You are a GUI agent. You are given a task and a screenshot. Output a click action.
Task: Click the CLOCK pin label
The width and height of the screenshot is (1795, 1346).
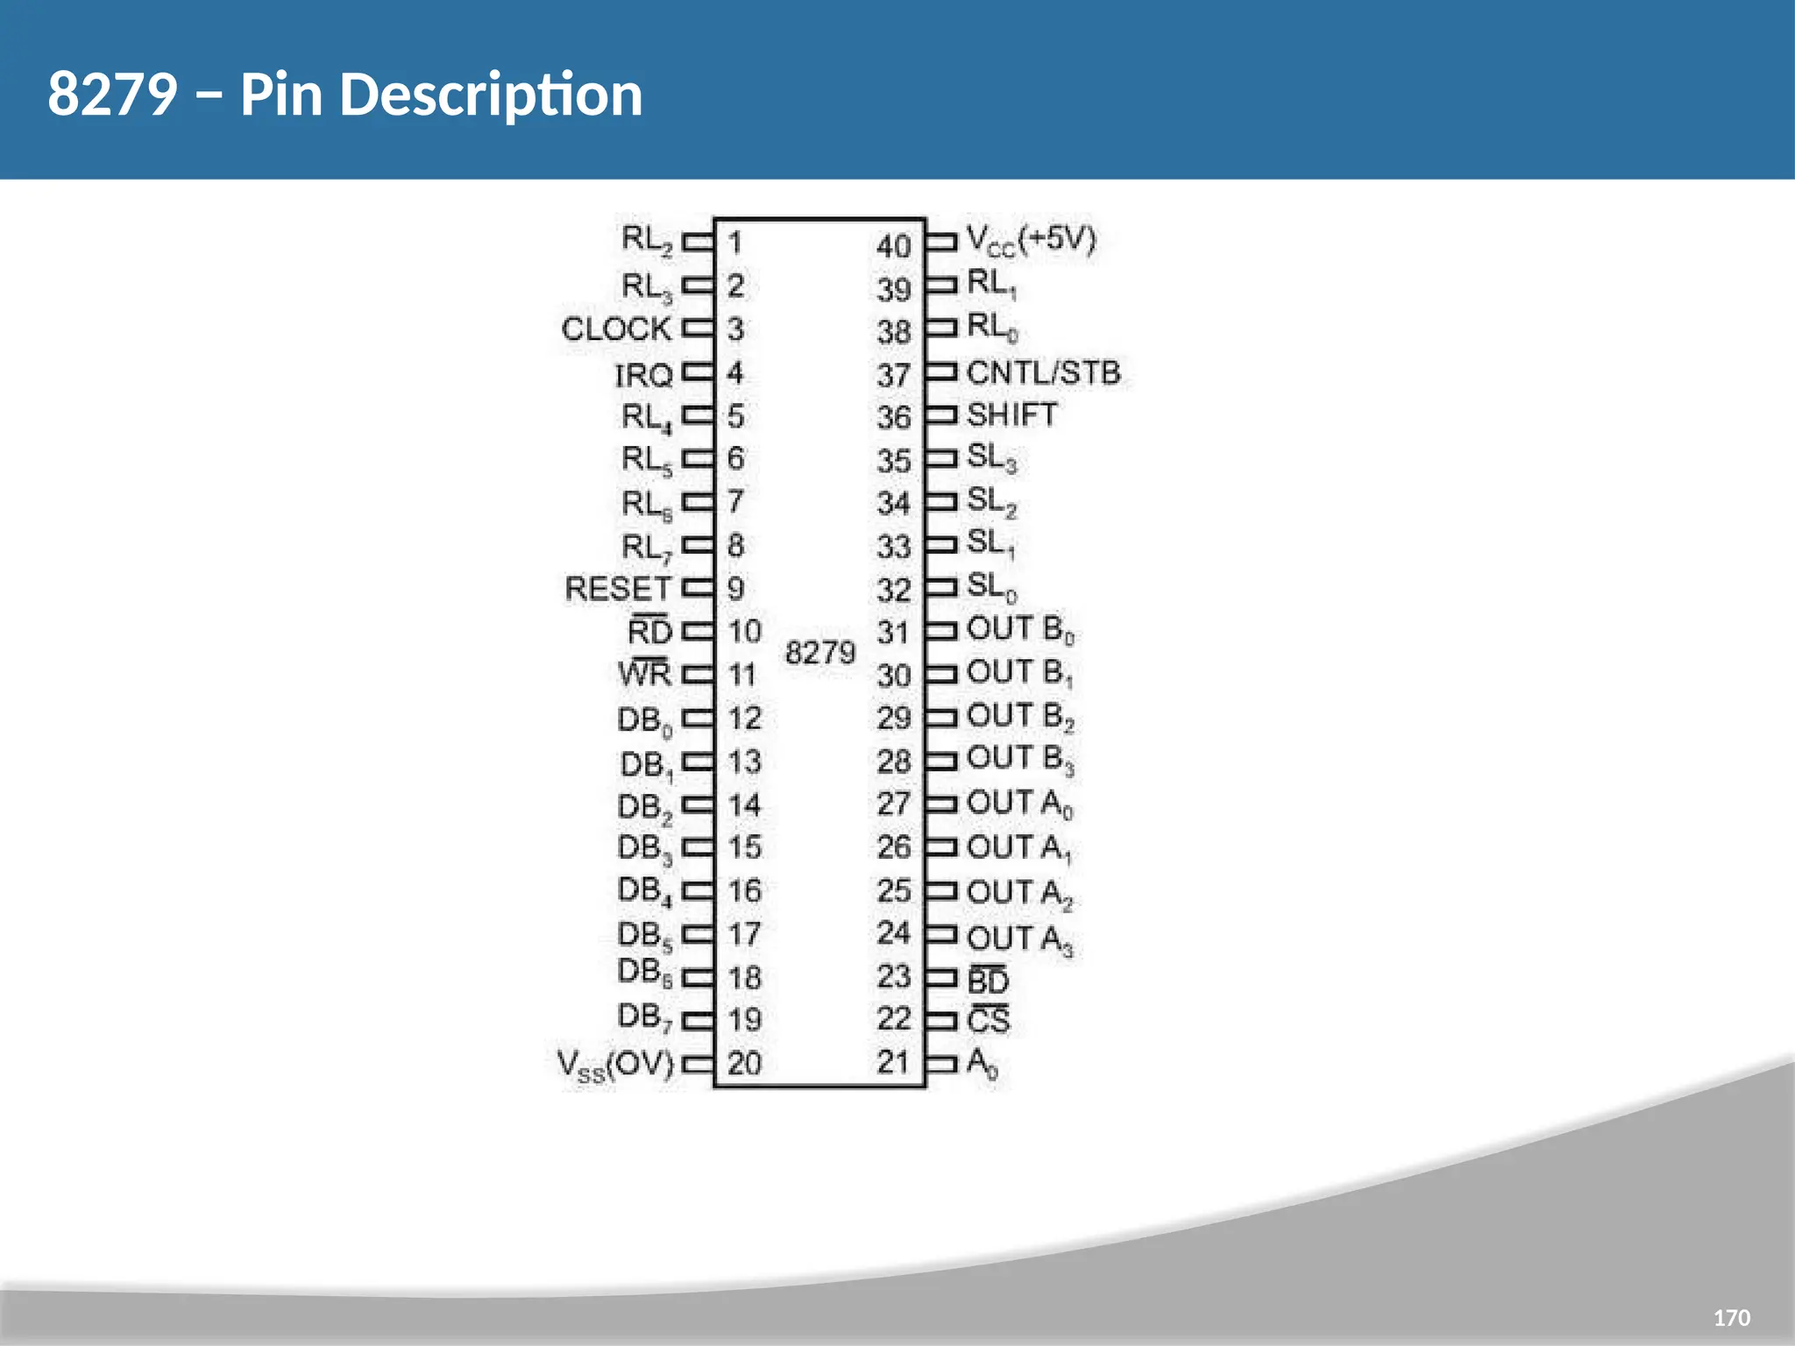pos(616,329)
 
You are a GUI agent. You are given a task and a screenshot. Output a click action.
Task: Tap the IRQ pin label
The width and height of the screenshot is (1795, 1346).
pos(642,375)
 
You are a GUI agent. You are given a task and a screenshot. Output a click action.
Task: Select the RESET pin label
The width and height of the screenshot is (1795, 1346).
pos(618,589)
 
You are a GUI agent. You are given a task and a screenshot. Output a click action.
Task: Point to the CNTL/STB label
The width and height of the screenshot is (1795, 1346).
pos(1043,372)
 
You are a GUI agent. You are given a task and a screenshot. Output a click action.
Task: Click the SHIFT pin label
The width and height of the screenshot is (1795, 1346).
pos(1011,414)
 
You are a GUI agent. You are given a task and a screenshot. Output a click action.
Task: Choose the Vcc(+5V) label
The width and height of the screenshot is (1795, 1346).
pos(1031,239)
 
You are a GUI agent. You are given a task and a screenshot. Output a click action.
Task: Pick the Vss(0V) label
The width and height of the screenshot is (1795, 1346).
pos(615,1065)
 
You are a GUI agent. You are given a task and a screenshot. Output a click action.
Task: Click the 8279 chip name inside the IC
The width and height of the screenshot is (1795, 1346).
pos(819,653)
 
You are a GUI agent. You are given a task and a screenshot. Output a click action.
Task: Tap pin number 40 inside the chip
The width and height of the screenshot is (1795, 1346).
pos(894,246)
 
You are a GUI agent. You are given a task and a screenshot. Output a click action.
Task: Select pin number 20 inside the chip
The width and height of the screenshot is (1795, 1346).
pos(744,1064)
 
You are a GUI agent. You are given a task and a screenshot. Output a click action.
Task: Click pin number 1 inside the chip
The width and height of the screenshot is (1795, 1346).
pos(734,242)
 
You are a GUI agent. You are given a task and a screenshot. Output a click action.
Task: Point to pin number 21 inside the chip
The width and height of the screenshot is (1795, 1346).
pos(893,1062)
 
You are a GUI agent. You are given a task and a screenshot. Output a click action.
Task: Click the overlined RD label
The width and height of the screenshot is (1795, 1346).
pos(649,631)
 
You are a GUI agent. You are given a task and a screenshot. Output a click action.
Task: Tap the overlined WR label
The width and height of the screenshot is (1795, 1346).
pos(644,673)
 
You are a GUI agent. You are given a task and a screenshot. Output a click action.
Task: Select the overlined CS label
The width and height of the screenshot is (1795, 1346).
pos(988,1020)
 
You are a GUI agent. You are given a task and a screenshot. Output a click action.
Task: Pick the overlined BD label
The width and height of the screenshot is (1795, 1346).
pos(988,980)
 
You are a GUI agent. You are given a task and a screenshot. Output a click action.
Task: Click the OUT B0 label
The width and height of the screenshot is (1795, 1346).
pos(1020,629)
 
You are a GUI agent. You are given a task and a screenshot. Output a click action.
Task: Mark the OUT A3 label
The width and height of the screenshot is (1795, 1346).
pos(1019,939)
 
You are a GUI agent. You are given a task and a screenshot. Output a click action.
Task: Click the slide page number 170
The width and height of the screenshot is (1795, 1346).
pos(1731,1318)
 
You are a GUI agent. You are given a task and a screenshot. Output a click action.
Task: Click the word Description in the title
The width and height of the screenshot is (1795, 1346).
pos(491,95)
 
